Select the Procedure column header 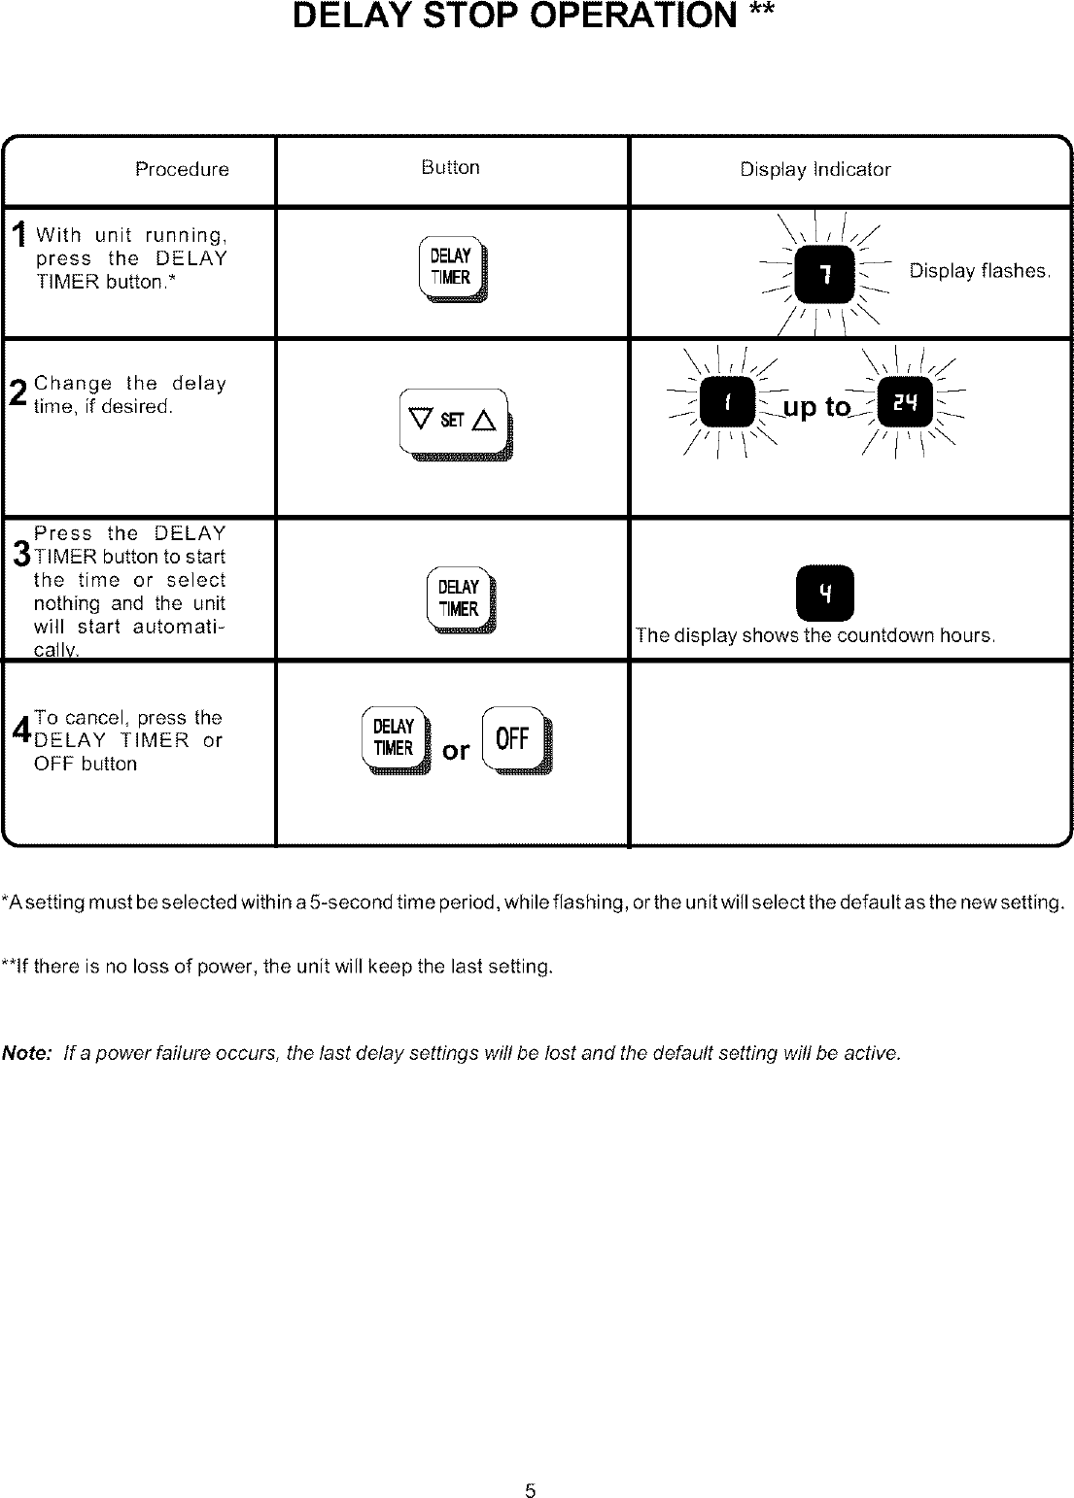click(x=182, y=170)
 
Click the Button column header click(x=450, y=167)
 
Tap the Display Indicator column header click(x=814, y=170)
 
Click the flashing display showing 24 click(x=905, y=405)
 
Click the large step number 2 click(x=17, y=394)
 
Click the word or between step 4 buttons click(x=456, y=751)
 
